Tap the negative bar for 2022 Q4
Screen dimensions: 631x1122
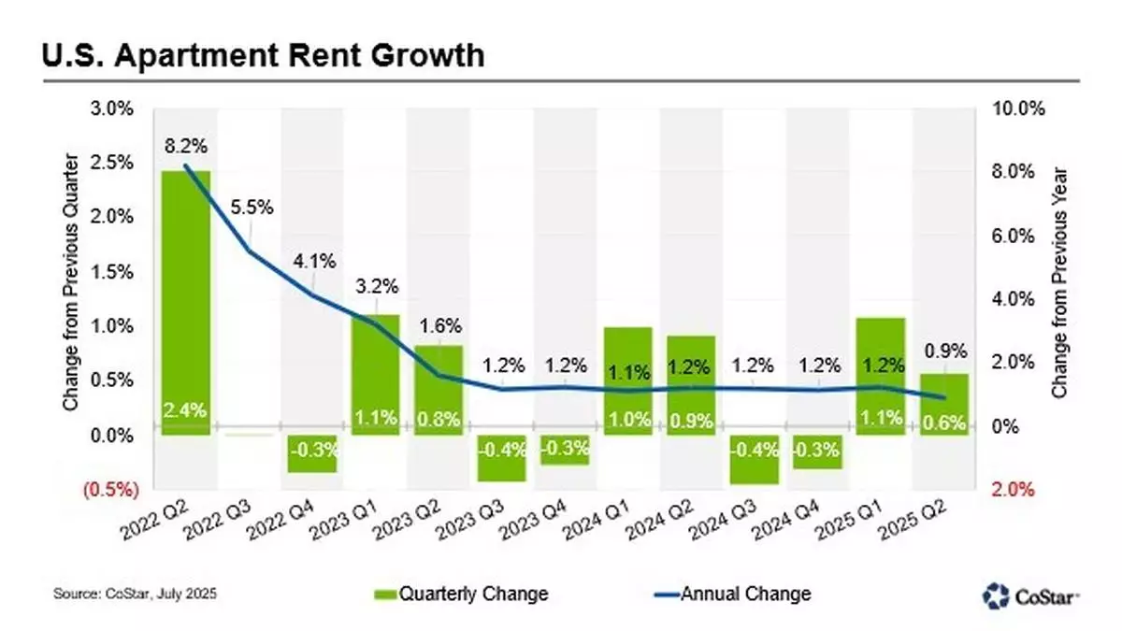(312, 453)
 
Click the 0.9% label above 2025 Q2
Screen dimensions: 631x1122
(944, 353)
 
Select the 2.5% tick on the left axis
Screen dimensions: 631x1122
(113, 163)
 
